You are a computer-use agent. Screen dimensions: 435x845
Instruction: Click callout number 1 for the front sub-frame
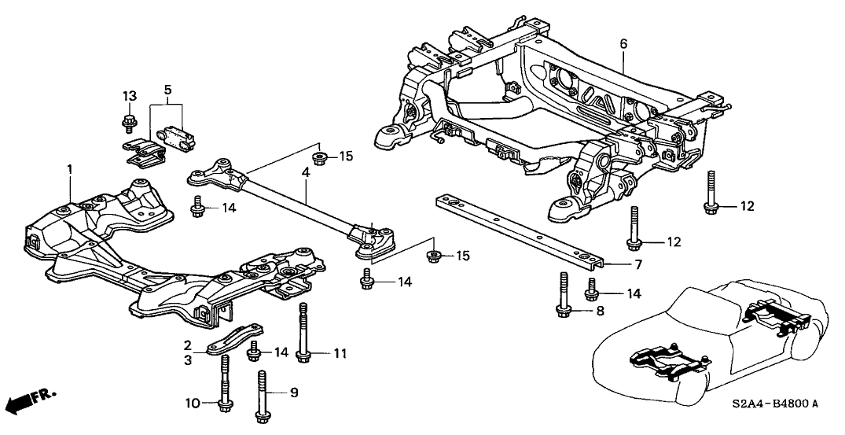[x=69, y=168]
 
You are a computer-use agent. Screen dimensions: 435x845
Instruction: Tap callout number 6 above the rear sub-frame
[x=623, y=43]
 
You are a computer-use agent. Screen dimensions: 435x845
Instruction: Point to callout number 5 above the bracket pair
[x=167, y=90]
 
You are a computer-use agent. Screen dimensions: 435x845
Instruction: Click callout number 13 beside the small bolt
[x=129, y=95]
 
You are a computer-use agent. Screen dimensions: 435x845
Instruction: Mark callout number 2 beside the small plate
[x=188, y=345]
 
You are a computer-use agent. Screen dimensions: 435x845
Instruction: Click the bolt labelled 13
[x=128, y=122]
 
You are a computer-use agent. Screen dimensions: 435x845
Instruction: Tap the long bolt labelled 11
[x=303, y=334]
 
